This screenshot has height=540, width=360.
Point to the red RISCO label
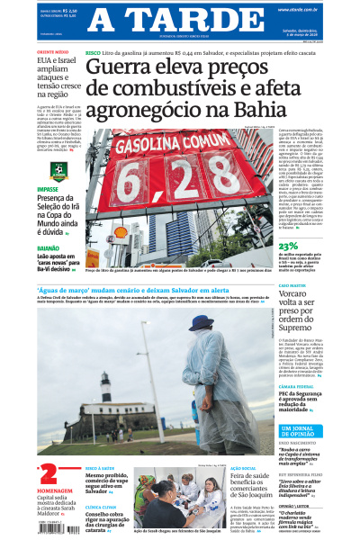point(93,54)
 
